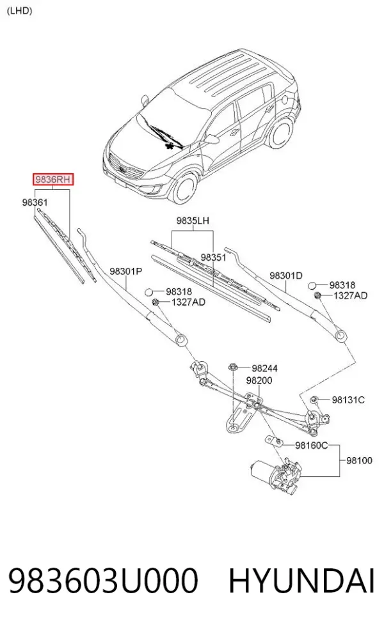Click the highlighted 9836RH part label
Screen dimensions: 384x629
coord(53,180)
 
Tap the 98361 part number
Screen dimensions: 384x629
coord(35,203)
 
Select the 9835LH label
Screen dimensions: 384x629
coord(193,221)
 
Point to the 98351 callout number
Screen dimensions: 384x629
coord(213,258)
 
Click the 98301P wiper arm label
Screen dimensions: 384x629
coord(125,272)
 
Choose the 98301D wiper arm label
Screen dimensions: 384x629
coord(286,276)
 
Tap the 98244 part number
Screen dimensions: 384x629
coord(265,368)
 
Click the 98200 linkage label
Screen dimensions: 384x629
coord(259,380)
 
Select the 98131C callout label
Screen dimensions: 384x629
coord(348,400)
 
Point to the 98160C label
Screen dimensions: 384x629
coord(312,446)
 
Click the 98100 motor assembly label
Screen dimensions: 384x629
coord(359,460)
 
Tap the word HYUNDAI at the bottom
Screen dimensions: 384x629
coord(301,580)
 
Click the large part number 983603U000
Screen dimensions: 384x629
coord(103,580)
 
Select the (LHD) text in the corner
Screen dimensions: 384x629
coord(19,11)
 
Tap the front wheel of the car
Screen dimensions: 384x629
coord(185,187)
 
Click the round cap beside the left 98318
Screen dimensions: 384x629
coord(149,292)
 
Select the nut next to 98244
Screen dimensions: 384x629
coord(234,366)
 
